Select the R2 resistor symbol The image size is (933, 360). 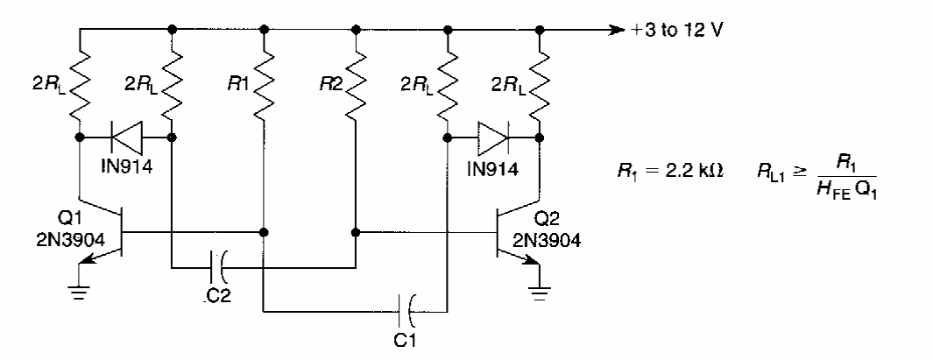click(356, 85)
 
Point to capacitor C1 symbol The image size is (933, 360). click(409, 309)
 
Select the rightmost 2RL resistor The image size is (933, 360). click(540, 85)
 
